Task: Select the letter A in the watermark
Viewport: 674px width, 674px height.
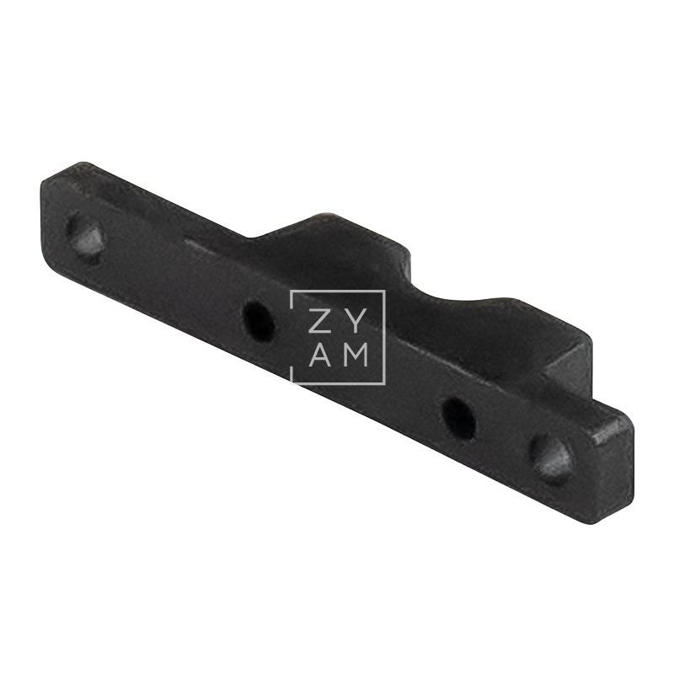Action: pyautogui.click(x=318, y=356)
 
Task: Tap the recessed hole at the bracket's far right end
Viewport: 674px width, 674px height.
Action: pyautogui.click(x=551, y=457)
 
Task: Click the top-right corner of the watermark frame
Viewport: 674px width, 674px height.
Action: pyautogui.click(x=384, y=292)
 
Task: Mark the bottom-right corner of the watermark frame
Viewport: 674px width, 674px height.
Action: pyautogui.click(x=384, y=383)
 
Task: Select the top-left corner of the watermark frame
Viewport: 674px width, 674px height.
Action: pyautogui.click(x=292, y=292)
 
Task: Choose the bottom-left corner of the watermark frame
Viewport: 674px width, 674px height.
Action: pyautogui.click(x=292, y=383)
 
